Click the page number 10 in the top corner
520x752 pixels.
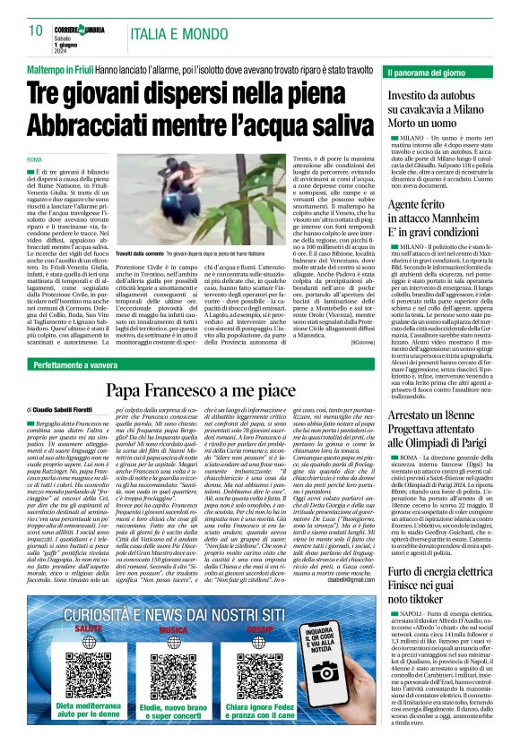coord(36,30)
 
